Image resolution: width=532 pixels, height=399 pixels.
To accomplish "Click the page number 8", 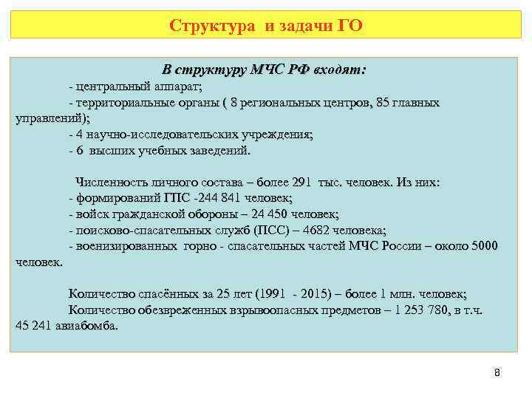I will [x=497, y=372].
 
